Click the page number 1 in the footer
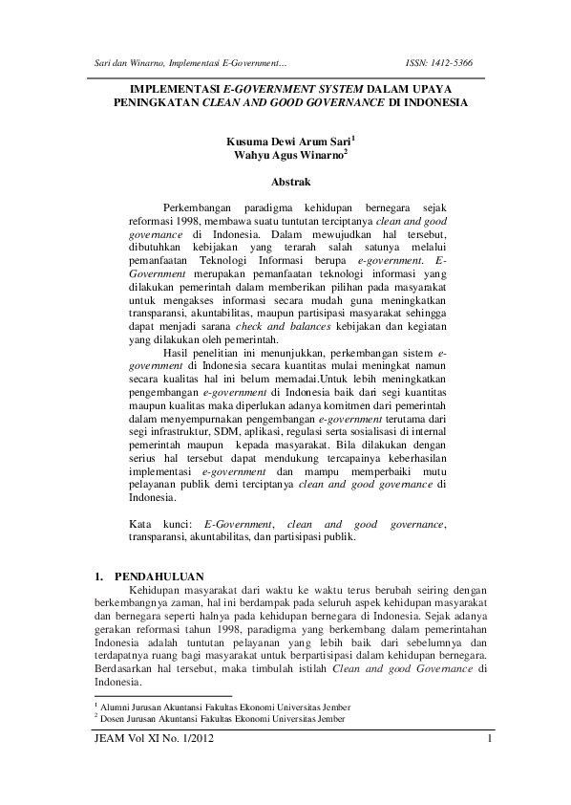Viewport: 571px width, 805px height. click(x=488, y=739)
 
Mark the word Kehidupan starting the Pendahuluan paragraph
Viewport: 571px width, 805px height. click(x=146, y=592)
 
